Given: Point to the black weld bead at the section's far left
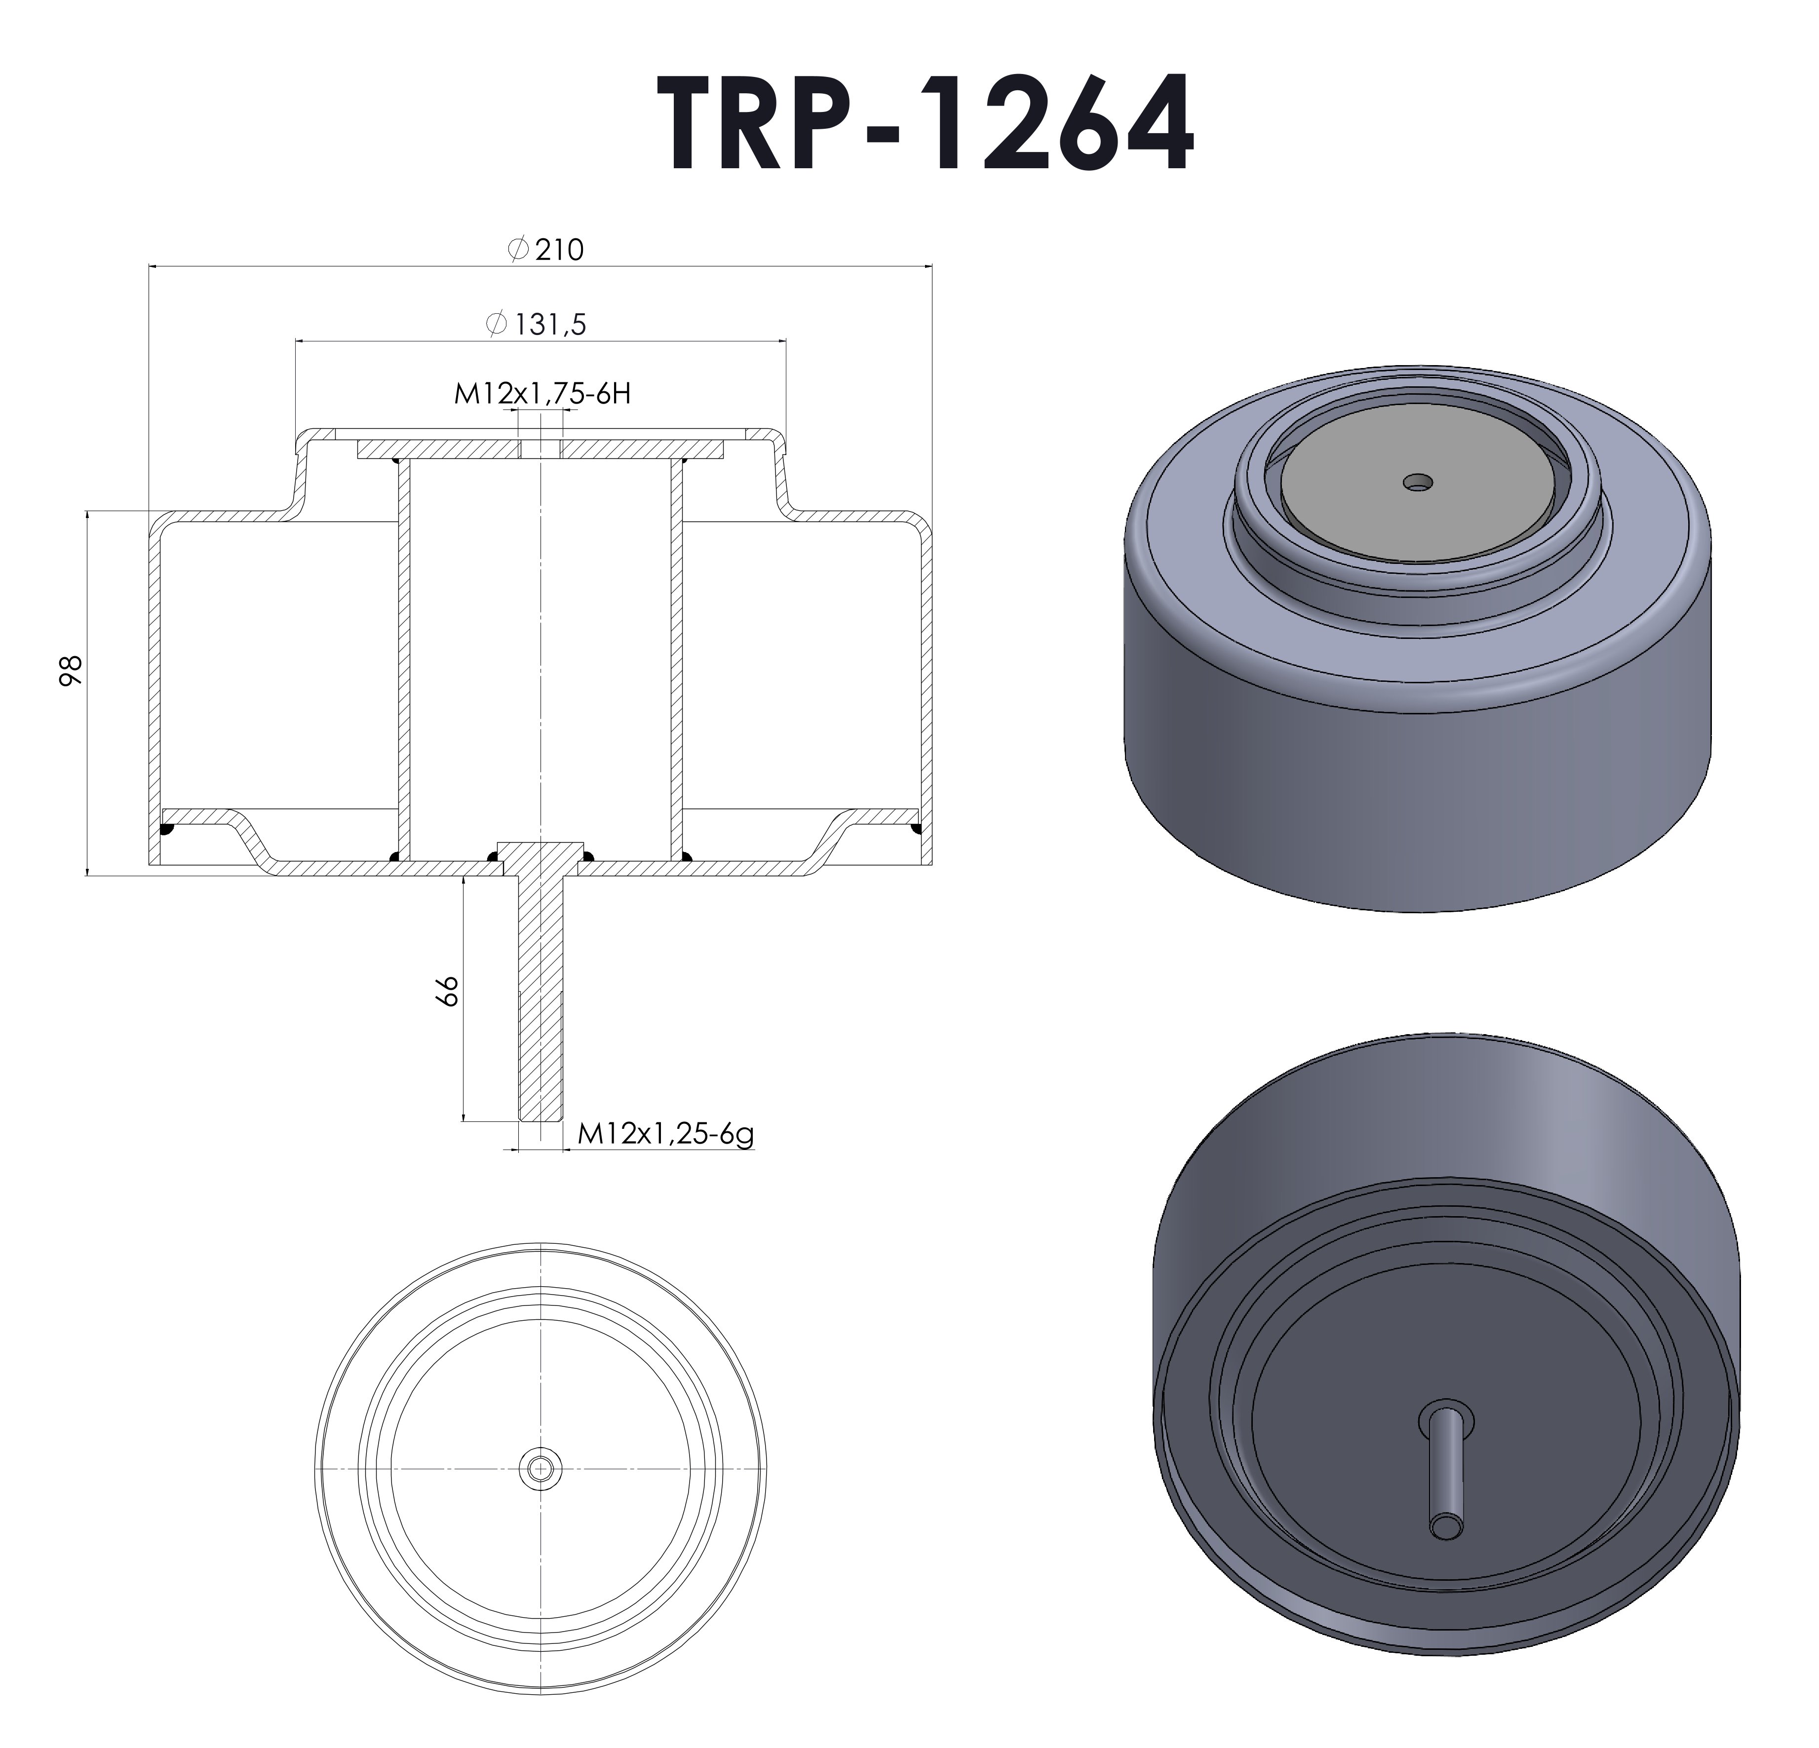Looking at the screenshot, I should [x=167, y=828].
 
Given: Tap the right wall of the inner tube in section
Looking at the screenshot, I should [x=676, y=659].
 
